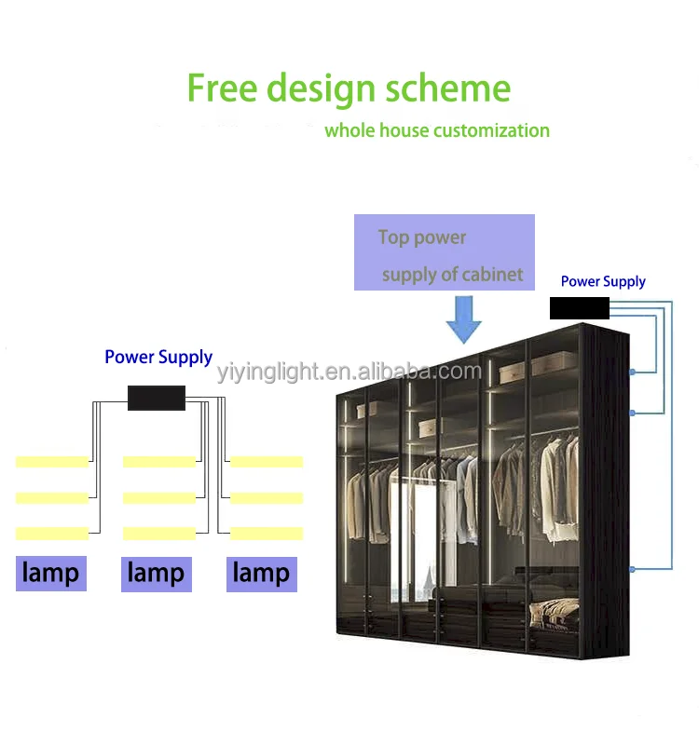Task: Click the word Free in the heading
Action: [x=223, y=88]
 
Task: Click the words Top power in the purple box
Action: [x=422, y=237]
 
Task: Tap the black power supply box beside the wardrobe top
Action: [x=579, y=308]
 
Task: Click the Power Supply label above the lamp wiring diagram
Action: [x=158, y=357]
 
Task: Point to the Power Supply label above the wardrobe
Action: [x=603, y=281]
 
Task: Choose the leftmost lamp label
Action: [x=50, y=573]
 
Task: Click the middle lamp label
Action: [x=156, y=573]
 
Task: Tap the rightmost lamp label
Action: [x=261, y=573]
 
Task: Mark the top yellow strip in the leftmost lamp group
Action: [x=52, y=461]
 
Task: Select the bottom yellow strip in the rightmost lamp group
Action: [x=267, y=533]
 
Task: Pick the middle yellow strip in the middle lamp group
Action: [x=159, y=497]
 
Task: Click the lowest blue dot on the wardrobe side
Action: [x=633, y=568]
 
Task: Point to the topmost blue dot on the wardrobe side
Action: [x=633, y=372]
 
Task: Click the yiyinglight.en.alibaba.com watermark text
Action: [x=349, y=373]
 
